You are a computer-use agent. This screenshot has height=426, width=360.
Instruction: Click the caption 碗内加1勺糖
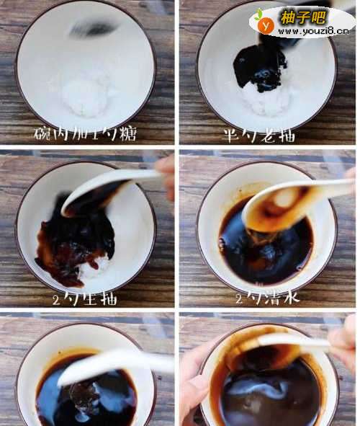click(85, 133)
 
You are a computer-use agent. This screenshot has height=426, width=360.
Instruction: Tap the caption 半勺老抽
click(258, 135)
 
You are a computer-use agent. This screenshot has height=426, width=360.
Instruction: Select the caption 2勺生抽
click(85, 299)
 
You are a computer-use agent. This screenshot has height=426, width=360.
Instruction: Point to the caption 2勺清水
click(268, 297)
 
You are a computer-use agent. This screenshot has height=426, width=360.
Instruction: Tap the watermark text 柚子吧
click(303, 17)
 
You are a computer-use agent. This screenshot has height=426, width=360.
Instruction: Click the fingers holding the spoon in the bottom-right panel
click(343, 343)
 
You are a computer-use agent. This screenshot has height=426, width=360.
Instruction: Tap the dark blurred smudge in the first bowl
click(92, 29)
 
